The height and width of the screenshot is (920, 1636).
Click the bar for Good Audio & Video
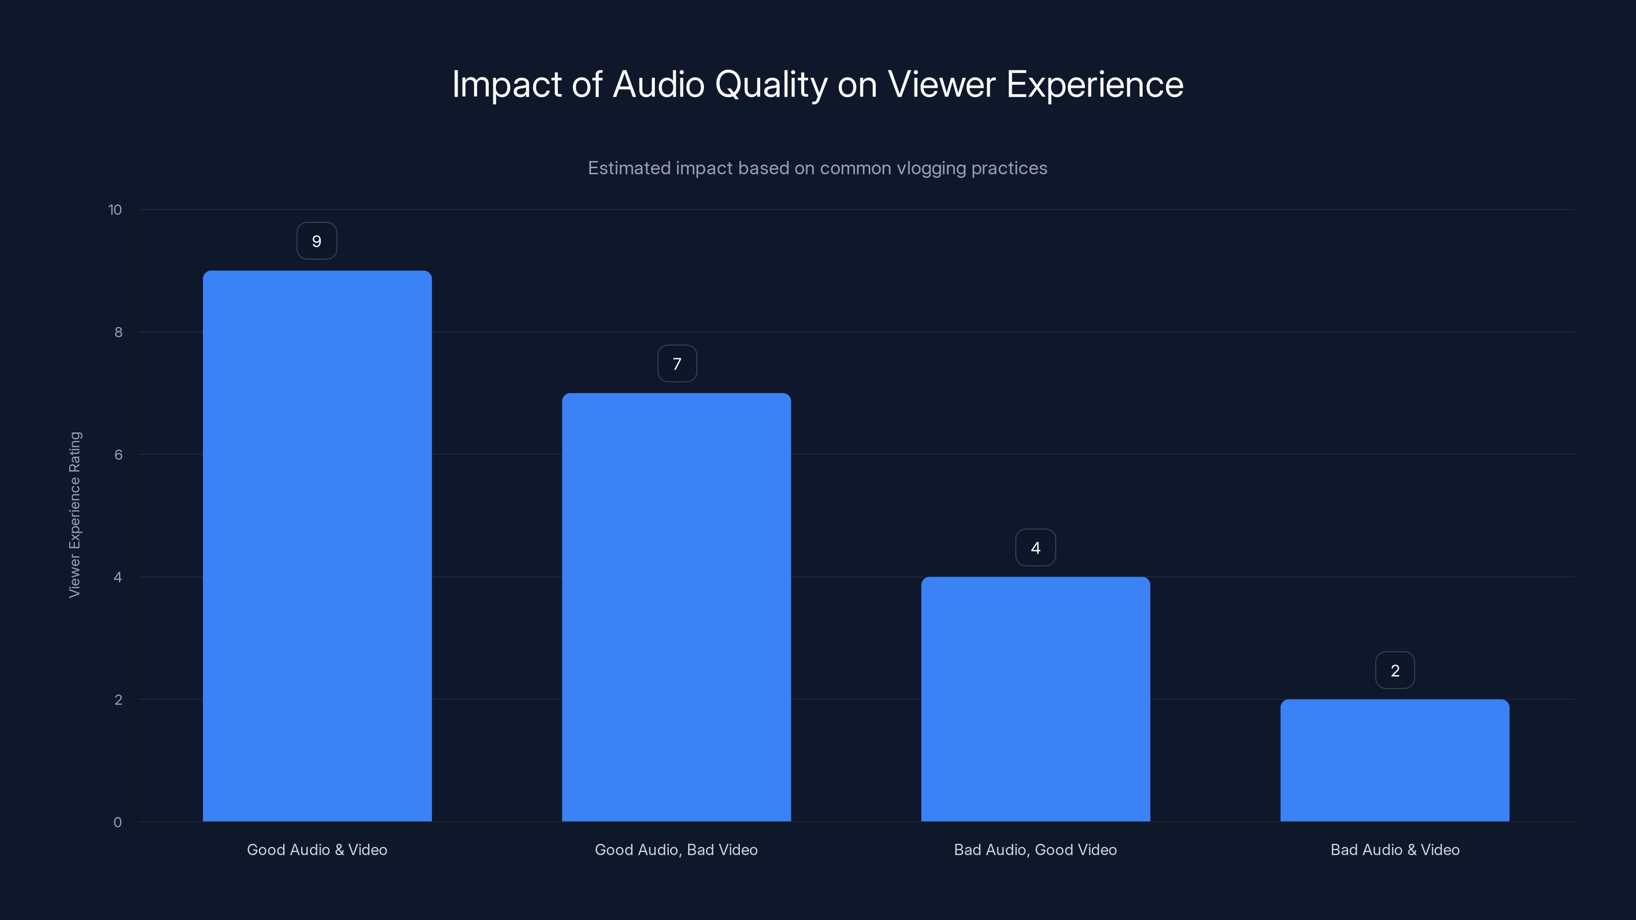tap(317, 546)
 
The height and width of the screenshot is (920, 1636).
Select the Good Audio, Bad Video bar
tap(676, 607)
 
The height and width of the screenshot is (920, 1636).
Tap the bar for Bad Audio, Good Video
tap(1035, 699)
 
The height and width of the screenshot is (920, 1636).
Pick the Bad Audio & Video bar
tap(1395, 760)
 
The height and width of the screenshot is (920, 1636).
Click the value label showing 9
tap(317, 241)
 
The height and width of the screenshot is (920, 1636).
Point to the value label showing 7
tap(677, 364)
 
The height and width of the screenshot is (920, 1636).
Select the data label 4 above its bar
tap(1036, 548)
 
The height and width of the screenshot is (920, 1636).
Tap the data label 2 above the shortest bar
tap(1395, 671)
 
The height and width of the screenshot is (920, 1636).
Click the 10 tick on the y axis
tap(115, 210)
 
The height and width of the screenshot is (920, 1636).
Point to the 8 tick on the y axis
tap(118, 333)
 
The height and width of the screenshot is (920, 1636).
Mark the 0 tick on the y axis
tap(118, 823)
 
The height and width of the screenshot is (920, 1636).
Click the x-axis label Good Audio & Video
tap(317, 849)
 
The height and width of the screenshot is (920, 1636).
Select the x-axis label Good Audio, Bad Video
tap(676, 849)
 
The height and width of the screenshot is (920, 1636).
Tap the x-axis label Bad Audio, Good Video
tap(1035, 849)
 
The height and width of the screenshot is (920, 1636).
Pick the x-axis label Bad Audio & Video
tap(1395, 849)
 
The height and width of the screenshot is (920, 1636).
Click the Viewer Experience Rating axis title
tap(75, 514)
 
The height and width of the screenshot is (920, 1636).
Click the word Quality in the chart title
tap(771, 85)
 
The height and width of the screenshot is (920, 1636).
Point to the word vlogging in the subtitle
tap(931, 168)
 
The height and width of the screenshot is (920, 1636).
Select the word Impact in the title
tap(507, 85)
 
